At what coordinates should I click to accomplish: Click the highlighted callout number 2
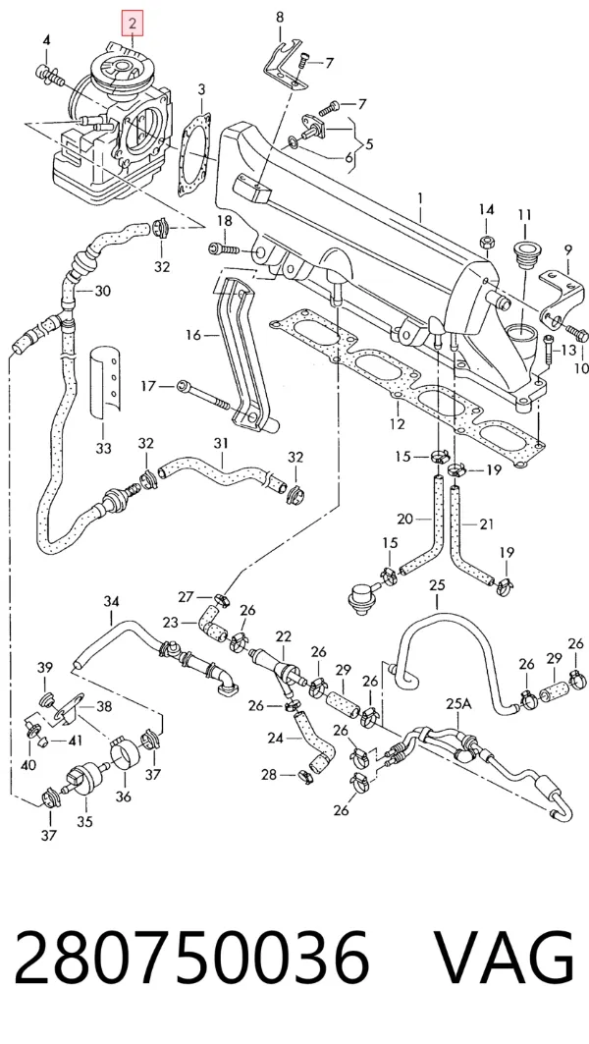coord(133,25)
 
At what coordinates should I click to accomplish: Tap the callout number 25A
coord(457,704)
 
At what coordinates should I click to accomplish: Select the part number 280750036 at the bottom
coord(191,958)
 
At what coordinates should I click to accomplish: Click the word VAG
coord(504,958)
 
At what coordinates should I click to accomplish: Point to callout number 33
coord(103,448)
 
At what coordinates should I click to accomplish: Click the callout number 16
coord(193,335)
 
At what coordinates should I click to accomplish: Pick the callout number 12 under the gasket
coord(397,423)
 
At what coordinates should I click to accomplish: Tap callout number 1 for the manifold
coord(420,198)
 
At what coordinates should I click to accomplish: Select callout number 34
coord(111,602)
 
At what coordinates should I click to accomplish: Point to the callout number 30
coord(102,291)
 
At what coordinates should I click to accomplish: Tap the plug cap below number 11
coord(526,253)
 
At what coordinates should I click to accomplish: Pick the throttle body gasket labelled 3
coord(194,154)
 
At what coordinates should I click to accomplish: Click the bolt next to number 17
coord(203,396)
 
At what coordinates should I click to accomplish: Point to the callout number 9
coord(567,251)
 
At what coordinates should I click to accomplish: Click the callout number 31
coord(221,444)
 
